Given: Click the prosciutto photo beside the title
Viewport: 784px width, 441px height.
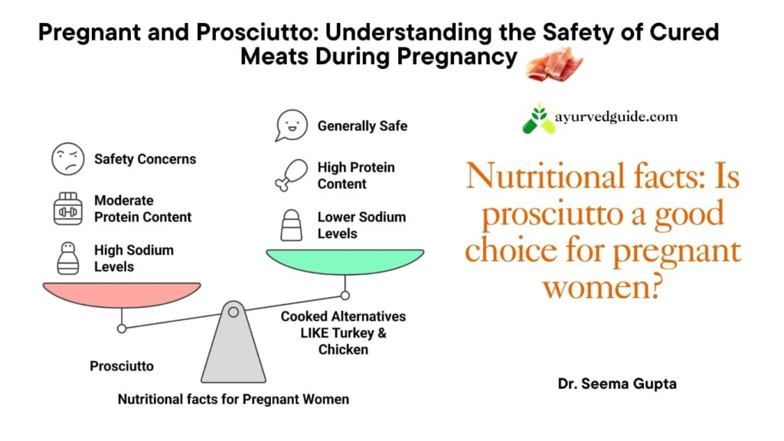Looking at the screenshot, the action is tap(554, 64).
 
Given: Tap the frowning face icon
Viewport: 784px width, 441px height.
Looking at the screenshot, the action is tap(67, 159).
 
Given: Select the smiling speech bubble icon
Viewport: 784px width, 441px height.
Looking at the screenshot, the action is tap(291, 126).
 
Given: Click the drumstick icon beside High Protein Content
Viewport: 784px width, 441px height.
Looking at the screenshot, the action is tap(291, 175).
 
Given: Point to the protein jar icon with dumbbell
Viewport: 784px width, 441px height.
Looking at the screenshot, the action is tap(67, 208).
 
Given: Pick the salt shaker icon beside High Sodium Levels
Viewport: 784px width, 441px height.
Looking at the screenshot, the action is tap(67, 259).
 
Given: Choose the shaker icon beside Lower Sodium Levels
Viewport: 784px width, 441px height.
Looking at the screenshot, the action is tap(291, 225).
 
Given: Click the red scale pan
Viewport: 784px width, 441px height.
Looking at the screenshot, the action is tap(122, 294).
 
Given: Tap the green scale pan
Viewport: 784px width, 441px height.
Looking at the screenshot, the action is tap(345, 261).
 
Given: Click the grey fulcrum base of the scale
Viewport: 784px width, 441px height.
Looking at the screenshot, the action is tap(234, 345).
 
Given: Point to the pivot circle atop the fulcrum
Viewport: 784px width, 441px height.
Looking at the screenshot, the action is tap(234, 312).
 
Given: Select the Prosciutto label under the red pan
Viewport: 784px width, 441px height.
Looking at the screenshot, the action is tap(122, 366).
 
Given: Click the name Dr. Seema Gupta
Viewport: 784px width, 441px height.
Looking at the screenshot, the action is tap(617, 384).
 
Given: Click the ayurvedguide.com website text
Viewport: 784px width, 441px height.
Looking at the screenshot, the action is tap(616, 117).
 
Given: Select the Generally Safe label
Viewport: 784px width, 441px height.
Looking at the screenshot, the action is tap(362, 126).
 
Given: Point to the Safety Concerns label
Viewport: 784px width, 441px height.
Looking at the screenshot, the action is tap(145, 159).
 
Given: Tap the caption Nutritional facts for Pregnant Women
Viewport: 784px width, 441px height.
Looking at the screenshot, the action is tap(234, 400).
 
